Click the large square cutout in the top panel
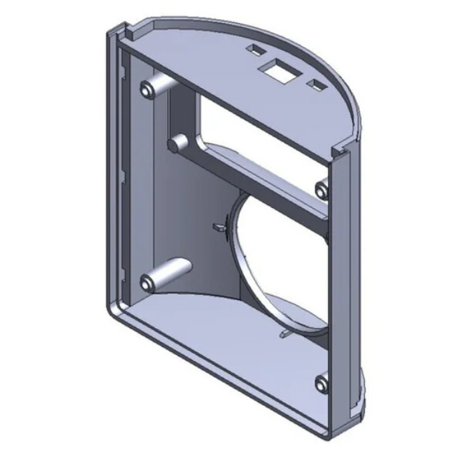pyautogui.click(x=279, y=69)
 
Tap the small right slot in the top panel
pyautogui.click(x=316, y=82)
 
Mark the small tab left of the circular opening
pyautogui.click(x=218, y=226)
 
